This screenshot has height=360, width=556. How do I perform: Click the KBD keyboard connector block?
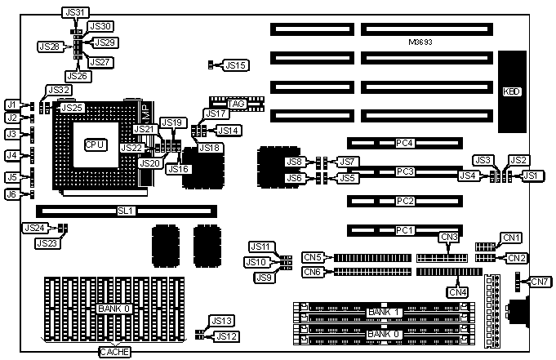coord(514,92)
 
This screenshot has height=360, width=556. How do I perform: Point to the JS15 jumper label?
coord(237,64)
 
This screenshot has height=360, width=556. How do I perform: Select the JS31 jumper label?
coord(73,12)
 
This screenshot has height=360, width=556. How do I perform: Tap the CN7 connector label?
coord(540,282)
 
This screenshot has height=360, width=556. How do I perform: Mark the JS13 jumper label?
coord(222,321)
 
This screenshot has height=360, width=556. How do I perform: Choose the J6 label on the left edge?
coord(11,194)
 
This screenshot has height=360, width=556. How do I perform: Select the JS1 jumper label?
coord(531,175)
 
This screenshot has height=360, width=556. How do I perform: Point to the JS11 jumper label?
coord(259,246)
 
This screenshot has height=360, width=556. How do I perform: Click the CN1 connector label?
coord(511,238)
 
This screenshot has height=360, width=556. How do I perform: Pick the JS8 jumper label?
coord(294,162)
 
